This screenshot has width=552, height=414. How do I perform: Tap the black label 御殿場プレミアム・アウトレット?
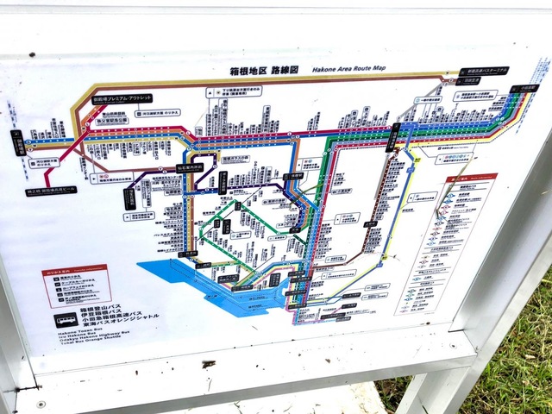[122, 98]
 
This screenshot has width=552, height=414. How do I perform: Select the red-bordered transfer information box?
[75, 285]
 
